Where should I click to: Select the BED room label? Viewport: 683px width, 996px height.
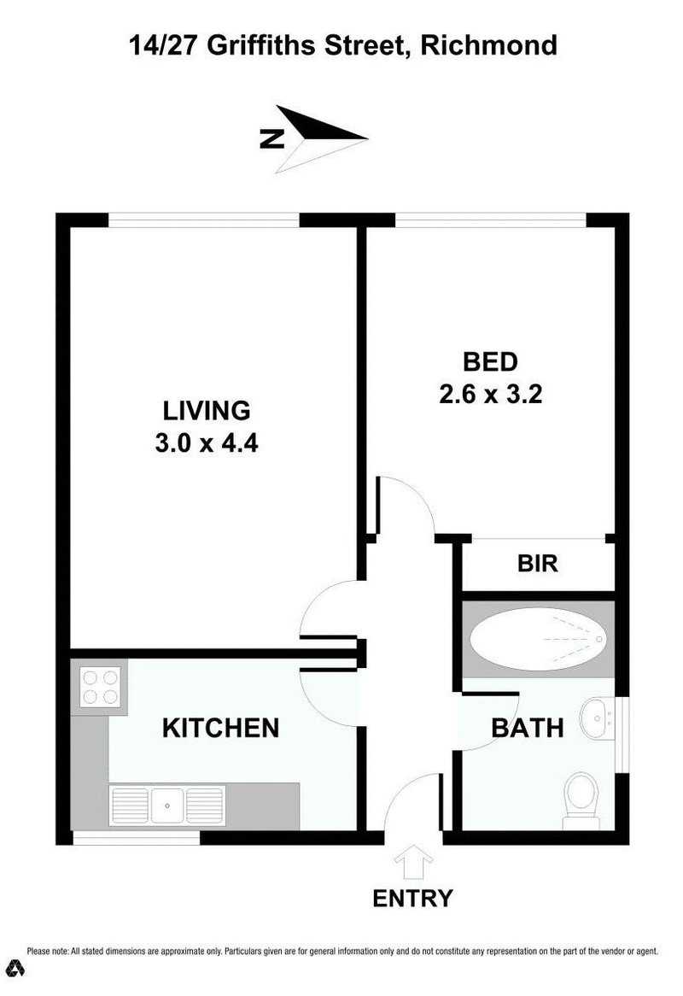point(490,361)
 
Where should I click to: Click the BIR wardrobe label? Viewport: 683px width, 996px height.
point(538,565)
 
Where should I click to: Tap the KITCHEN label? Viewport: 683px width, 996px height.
point(220,728)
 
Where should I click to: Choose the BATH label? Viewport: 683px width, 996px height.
point(527,728)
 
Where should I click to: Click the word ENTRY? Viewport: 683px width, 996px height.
point(412,898)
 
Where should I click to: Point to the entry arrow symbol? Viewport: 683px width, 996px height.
point(413,862)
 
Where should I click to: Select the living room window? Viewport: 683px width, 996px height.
point(204,220)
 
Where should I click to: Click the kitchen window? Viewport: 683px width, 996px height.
point(136,838)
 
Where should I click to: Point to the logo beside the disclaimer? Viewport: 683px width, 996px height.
point(16,969)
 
